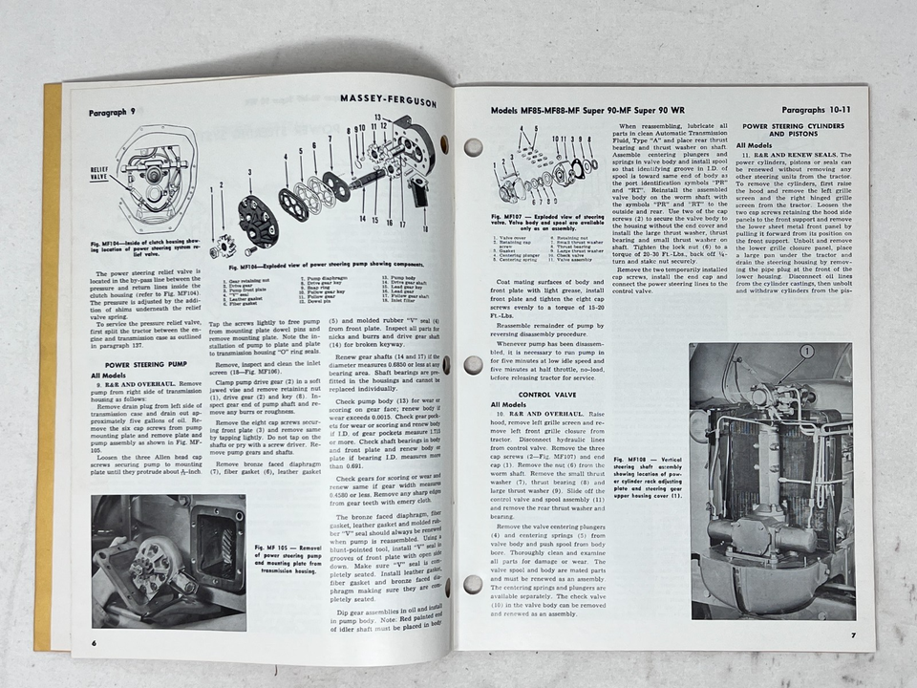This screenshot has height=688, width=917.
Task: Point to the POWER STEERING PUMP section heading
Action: (x=144, y=365)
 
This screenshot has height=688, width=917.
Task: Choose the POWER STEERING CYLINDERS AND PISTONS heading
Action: (x=790, y=131)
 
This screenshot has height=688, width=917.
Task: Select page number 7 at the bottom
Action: (x=854, y=634)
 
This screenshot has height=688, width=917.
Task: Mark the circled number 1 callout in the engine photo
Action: (x=807, y=352)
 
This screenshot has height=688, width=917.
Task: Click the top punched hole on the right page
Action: (x=473, y=147)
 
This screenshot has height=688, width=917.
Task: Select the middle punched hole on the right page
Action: (x=473, y=365)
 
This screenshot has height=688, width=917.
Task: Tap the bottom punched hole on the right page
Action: (x=473, y=584)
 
